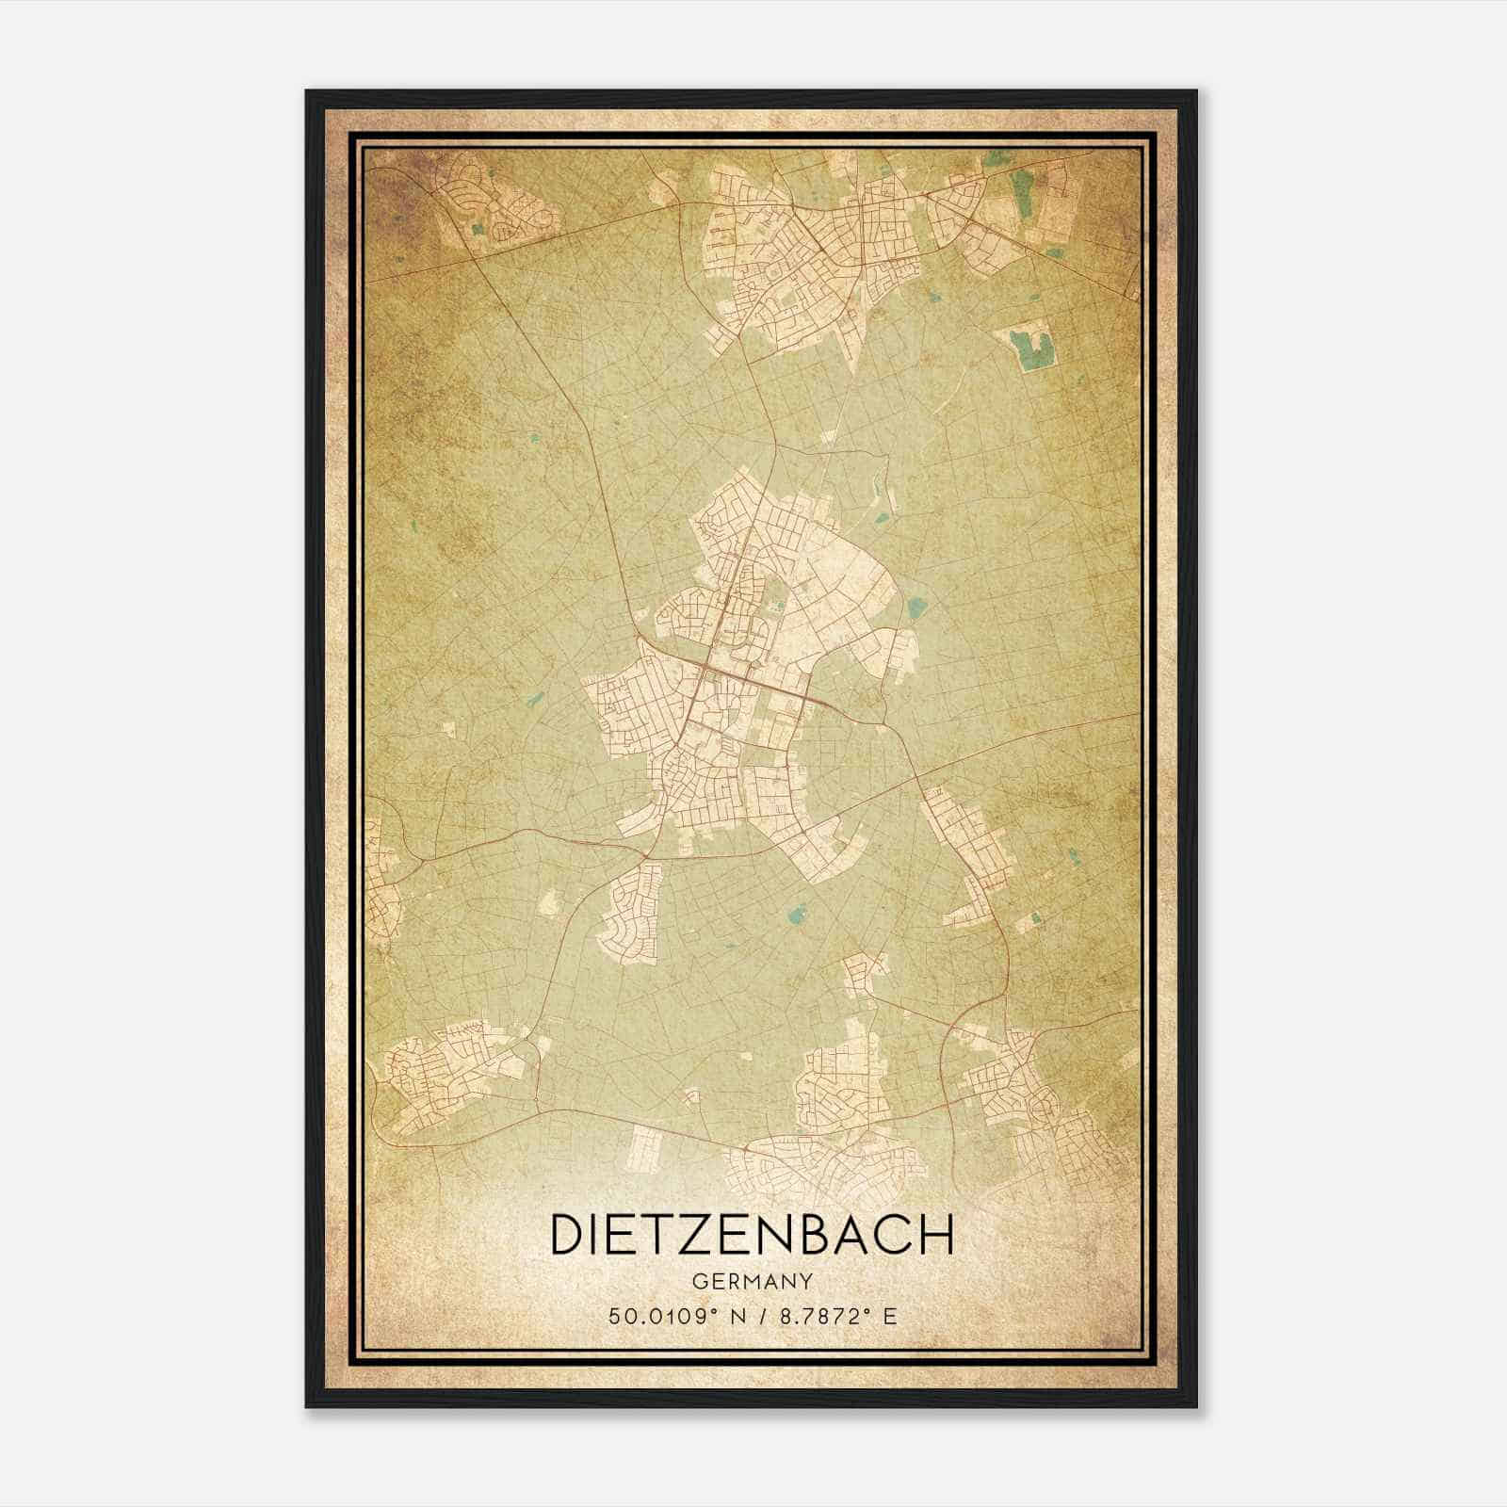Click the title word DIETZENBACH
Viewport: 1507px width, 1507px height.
coord(752,1235)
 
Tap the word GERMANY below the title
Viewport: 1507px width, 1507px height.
coord(752,1282)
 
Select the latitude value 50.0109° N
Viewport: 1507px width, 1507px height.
coord(675,1316)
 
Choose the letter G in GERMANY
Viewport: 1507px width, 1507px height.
coord(699,1282)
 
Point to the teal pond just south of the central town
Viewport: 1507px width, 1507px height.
coord(798,913)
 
